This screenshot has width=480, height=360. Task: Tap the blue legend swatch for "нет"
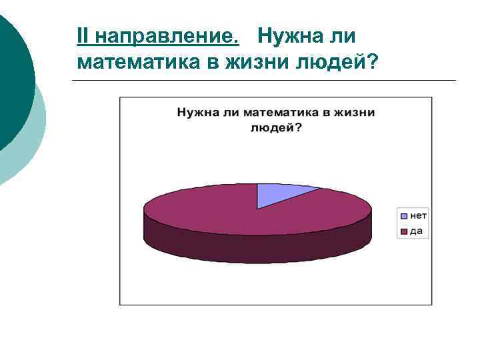pos(403,216)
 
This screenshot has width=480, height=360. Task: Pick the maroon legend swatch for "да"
pos(403,231)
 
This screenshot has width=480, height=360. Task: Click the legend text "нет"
pos(418,216)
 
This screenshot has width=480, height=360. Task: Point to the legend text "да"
pos(416,231)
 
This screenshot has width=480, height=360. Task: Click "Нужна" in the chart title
pos(197,113)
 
